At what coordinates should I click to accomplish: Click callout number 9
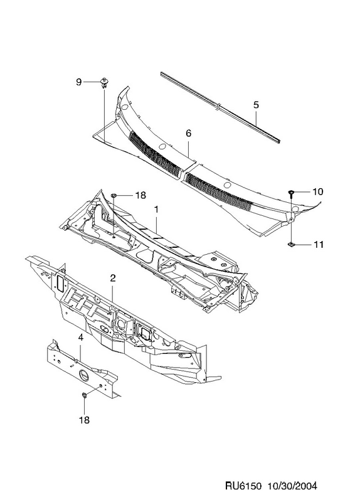pyautogui.click(x=79, y=82)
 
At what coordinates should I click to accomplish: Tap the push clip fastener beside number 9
pyautogui.click(x=104, y=82)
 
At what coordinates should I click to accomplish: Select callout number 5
pyautogui.click(x=256, y=105)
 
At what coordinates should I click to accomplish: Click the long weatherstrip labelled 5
pyautogui.click(x=220, y=107)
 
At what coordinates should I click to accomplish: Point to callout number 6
pyautogui.click(x=188, y=133)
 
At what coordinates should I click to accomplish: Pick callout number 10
pyautogui.click(x=317, y=191)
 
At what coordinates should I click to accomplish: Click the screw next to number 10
pyautogui.click(x=291, y=193)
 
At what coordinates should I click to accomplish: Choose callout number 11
pyautogui.click(x=317, y=245)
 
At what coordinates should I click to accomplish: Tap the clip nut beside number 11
pyautogui.click(x=291, y=245)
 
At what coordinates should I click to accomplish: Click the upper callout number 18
pyautogui.click(x=140, y=195)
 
